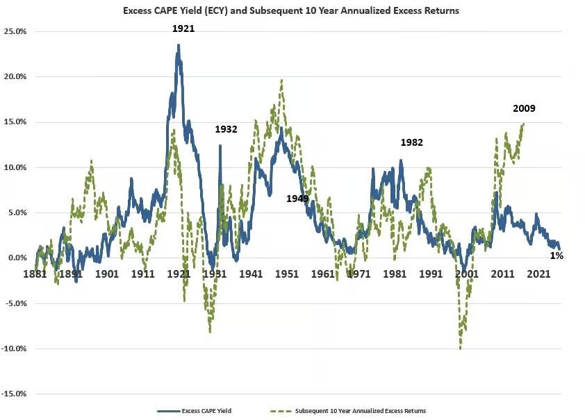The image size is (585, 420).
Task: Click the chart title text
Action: (291, 10)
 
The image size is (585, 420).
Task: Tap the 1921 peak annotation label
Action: (183, 28)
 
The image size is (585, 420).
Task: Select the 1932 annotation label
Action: (226, 129)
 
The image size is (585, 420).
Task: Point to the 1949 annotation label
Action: (297, 199)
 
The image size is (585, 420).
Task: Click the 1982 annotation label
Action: (412, 142)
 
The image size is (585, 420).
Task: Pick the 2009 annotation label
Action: (524, 108)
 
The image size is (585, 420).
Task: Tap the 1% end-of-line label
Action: (557, 255)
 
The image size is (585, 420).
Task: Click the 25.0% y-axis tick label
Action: (15, 32)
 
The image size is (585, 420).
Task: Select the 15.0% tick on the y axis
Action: (15, 122)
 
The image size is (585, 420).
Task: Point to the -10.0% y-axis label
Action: (14, 348)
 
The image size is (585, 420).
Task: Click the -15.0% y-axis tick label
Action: (14, 394)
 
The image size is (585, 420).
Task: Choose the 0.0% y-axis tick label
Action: (17, 258)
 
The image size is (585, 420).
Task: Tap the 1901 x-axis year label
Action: (107, 274)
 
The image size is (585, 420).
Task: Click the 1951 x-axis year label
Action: (287, 274)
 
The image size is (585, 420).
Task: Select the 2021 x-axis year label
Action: (538, 274)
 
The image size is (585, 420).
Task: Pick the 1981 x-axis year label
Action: (395, 274)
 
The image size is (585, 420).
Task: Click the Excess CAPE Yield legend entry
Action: (195, 411)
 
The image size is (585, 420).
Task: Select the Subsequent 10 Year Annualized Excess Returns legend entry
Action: (347, 411)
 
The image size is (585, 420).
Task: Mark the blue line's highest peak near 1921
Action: (179, 45)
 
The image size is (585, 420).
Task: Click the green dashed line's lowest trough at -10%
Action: (461, 348)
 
